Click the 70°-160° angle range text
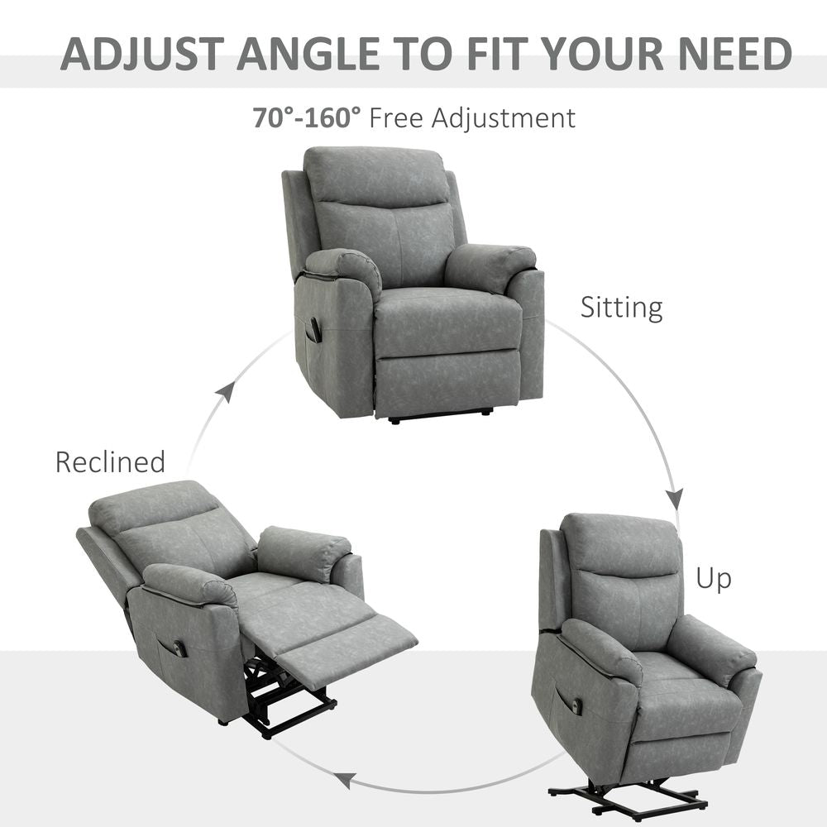pos(307,117)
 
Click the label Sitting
pos(621,308)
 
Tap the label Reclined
pos(110,461)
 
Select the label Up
pos(713,578)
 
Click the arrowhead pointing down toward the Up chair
pos(675,499)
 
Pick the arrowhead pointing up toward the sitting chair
pos(225,391)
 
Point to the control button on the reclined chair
pos(180,649)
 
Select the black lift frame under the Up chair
pos(629,797)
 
